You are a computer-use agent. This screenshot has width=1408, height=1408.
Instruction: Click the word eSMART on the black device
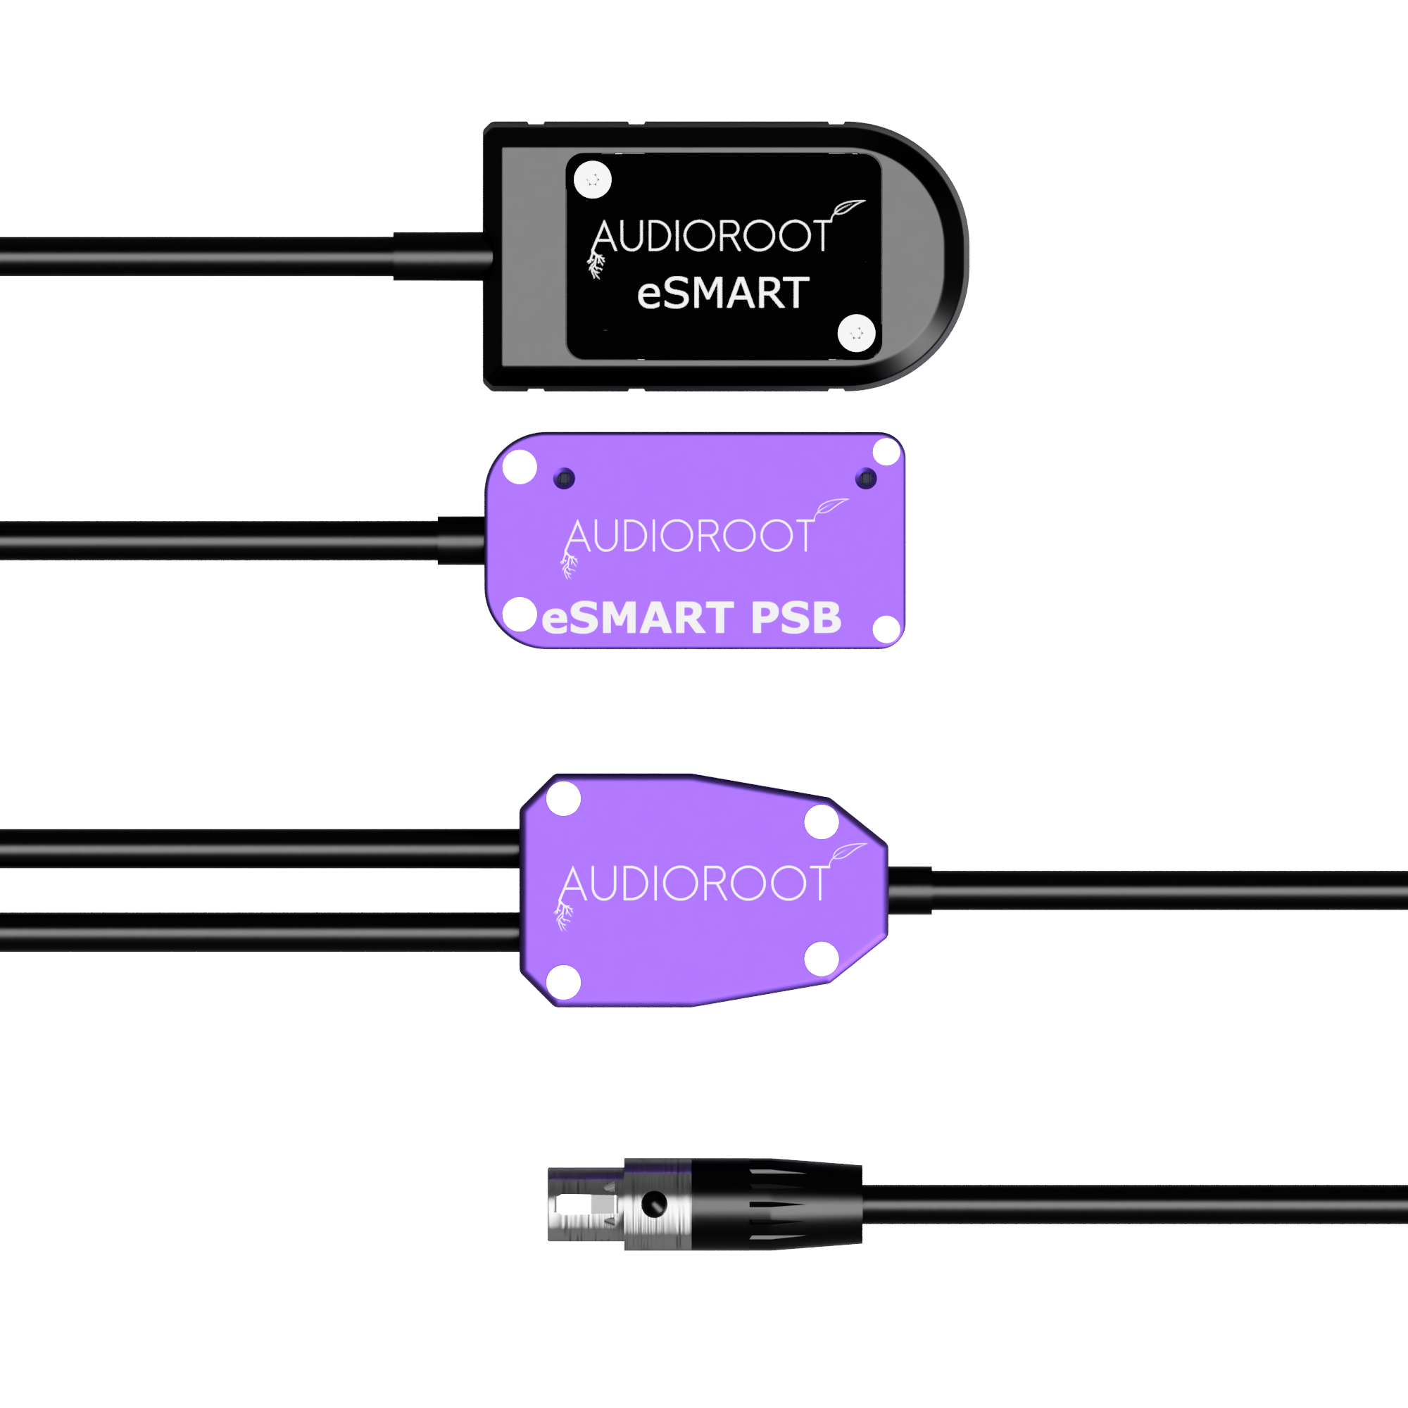[723, 293]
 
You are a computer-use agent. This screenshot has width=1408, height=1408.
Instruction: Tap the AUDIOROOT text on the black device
[710, 236]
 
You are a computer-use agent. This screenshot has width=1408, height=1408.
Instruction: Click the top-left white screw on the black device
[593, 180]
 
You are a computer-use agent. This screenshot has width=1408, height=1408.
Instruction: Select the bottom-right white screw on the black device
[856, 333]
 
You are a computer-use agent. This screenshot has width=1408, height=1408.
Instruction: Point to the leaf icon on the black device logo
[847, 208]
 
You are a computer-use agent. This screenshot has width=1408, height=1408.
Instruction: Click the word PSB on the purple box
[796, 618]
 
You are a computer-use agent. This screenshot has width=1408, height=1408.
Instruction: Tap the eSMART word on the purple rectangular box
[638, 618]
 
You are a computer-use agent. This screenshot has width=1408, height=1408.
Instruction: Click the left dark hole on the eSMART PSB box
[564, 478]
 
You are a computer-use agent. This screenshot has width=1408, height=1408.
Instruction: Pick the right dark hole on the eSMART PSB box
[866, 479]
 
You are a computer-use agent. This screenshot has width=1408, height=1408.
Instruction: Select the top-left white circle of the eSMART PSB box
[520, 467]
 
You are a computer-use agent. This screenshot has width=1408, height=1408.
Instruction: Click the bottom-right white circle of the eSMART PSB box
[887, 629]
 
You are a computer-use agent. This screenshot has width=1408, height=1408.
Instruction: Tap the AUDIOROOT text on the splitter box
[695, 884]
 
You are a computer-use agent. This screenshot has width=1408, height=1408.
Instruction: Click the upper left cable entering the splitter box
[260, 848]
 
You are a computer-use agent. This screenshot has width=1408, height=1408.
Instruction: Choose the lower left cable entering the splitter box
[260, 932]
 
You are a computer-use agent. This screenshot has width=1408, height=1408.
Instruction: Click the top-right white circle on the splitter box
[822, 822]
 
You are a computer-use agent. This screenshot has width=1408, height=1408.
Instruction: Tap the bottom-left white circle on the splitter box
[563, 981]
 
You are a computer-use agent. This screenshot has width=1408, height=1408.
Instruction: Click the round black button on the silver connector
[654, 1205]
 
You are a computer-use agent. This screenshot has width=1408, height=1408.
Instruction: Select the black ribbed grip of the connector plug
[776, 1204]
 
